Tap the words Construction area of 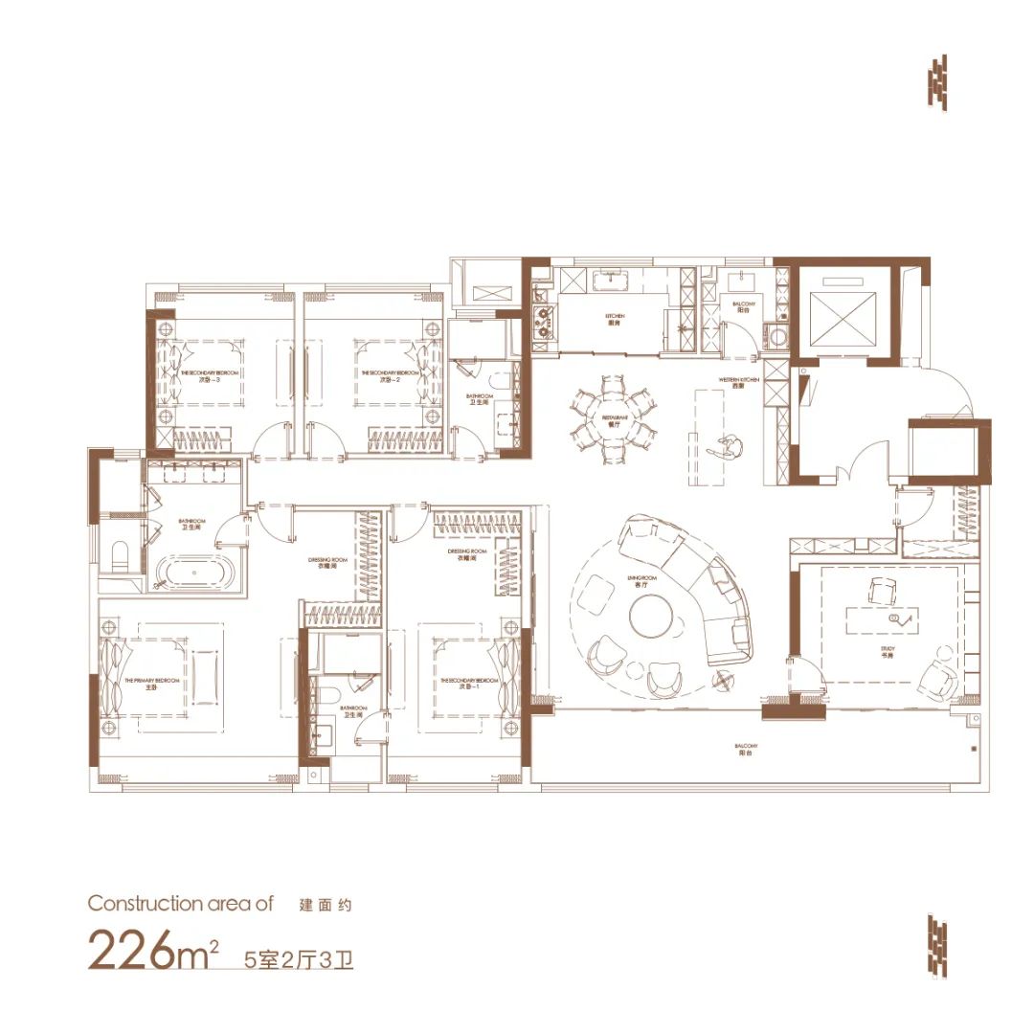pyautogui.click(x=180, y=903)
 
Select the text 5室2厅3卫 pyautogui.click(x=299, y=956)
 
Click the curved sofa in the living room pyautogui.click(x=704, y=584)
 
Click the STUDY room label pyautogui.click(x=888, y=651)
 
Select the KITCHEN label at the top pyautogui.click(x=614, y=319)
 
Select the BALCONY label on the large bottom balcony pyautogui.click(x=747, y=749)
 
